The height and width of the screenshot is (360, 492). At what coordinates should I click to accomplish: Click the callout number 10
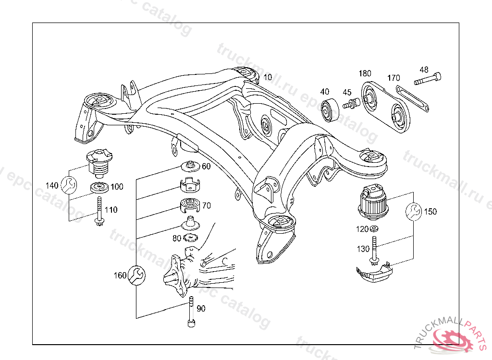coord(268,77)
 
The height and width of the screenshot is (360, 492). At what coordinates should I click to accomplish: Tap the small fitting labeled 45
coord(352,103)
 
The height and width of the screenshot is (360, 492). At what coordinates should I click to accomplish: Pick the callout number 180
coord(365,73)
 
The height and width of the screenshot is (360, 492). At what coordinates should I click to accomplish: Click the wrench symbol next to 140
coord(68,184)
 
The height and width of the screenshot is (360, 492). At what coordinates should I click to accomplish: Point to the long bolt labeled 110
coord(99,211)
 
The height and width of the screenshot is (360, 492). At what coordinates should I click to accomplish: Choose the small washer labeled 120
coord(374,228)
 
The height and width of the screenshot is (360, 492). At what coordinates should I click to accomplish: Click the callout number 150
coord(430,211)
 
